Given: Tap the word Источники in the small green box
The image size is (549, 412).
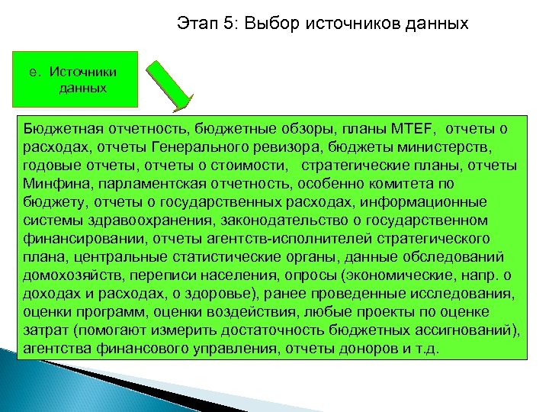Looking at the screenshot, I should (83, 72).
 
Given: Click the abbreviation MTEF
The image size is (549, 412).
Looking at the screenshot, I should (412, 128).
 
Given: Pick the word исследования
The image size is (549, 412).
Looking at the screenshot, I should (465, 294).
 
